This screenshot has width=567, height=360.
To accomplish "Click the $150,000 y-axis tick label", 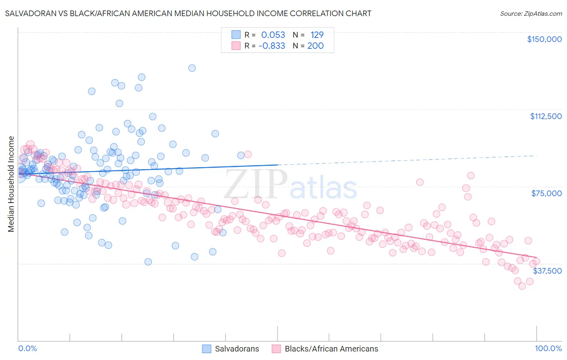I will pyautogui.click(x=544, y=39).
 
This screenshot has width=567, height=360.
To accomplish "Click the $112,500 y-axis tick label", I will pyautogui.click(x=546, y=116).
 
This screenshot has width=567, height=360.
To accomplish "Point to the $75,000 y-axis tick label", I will pyautogui.click(x=546, y=193).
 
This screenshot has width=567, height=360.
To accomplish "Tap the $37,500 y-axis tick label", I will pyautogui.click(x=547, y=271).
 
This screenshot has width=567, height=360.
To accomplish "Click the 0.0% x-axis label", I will pyautogui.click(x=27, y=348).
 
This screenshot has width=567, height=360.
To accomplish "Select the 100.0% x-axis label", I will pyautogui.click(x=548, y=348).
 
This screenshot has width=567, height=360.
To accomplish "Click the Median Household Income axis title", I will pyautogui.click(x=11, y=184).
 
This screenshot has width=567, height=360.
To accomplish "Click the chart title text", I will pyautogui.click(x=188, y=13).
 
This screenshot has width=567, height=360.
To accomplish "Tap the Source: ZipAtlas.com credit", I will pyautogui.click(x=531, y=13).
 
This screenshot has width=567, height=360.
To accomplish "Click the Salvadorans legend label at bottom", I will pyautogui.click(x=237, y=349).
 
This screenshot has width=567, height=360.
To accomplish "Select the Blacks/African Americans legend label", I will pyautogui.click(x=331, y=349).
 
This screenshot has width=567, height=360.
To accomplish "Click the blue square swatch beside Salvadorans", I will pyautogui.click(x=206, y=349).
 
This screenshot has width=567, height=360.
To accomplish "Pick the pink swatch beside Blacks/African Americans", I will pyautogui.click(x=276, y=349).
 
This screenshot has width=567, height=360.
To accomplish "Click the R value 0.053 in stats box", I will pyautogui.click(x=273, y=35).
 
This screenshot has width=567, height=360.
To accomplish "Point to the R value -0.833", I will pyautogui.click(x=272, y=46).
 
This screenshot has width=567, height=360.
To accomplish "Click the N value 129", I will pyautogui.click(x=317, y=35).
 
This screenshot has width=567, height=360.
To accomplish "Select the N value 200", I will pyautogui.click(x=315, y=46).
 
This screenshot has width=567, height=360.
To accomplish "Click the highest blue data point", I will pyautogui.click(x=192, y=68).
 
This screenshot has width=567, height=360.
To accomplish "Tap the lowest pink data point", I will pyautogui.click(x=522, y=286).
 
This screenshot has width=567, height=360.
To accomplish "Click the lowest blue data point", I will pyautogui.click(x=148, y=262).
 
